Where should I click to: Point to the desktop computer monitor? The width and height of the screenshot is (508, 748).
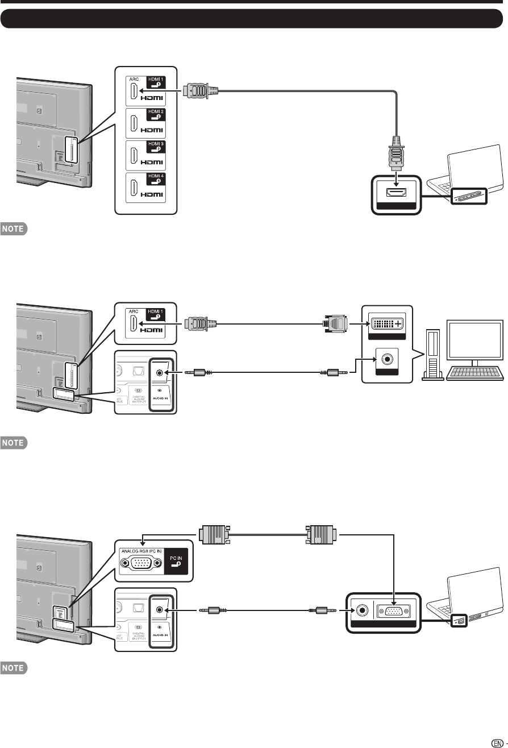point(474,339)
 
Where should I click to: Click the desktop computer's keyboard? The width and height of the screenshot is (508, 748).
point(476,372)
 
